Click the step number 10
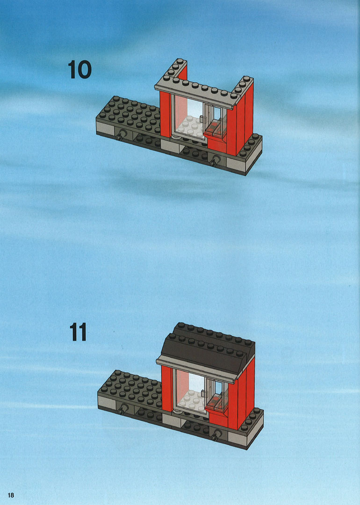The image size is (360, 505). click(x=79, y=70)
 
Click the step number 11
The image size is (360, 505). click(x=78, y=332)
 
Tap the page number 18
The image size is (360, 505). click(x=11, y=495)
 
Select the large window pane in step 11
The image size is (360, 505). click(x=190, y=391)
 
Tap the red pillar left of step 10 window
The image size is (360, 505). click(x=165, y=115)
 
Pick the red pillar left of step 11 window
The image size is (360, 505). click(x=166, y=389)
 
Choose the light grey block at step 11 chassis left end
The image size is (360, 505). click(x=107, y=402)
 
